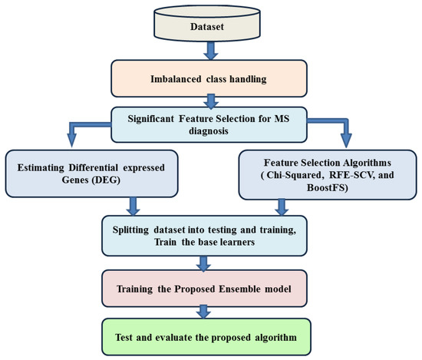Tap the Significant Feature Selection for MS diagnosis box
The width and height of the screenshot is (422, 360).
(x=209, y=124)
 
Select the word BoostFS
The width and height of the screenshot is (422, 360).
(x=325, y=190)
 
